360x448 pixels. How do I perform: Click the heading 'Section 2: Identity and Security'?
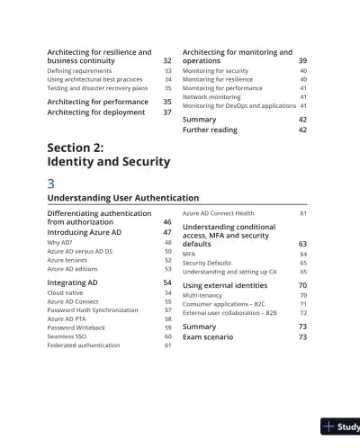pyautogui.click(x=108, y=154)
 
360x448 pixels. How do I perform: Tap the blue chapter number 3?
pyautogui.click(x=51, y=183)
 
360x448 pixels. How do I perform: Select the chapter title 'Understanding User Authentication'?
pyautogui.click(x=122, y=197)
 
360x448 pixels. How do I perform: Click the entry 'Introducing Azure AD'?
pyautogui.click(x=84, y=232)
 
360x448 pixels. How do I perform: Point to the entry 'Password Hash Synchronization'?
pyautogui.click(x=92, y=309)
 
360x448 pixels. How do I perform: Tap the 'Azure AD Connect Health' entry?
pyautogui.click(x=219, y=213)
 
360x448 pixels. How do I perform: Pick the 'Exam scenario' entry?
pyautogui.click(x=208, y=336)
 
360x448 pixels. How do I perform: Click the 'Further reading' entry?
pyautogui.click(x=210, y=130)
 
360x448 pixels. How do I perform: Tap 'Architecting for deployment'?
pyautogui.click(x=96, y=112)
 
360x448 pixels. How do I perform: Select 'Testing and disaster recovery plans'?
pyautogui.click(x=96, y=88)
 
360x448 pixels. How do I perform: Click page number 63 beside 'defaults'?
pyautogui.click(x=302, y=244)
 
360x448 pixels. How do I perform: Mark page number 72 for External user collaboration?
pyautogui.click(x=302, y=312)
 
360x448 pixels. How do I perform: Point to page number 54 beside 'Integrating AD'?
pyautogui.click(x=166, y=282)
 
